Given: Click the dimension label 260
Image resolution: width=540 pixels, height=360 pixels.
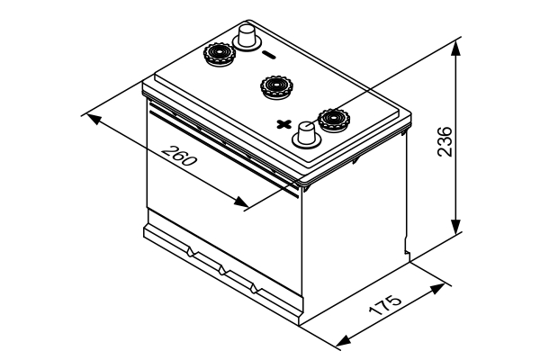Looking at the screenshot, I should click(x=179, y=158).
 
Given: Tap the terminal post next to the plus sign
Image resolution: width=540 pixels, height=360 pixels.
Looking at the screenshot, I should click(x=307, y=135).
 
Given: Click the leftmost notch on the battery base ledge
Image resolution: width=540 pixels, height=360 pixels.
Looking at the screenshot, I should click(x=192, y=247).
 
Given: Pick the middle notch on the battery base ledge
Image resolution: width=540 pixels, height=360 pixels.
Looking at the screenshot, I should click(x=223, y=266).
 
